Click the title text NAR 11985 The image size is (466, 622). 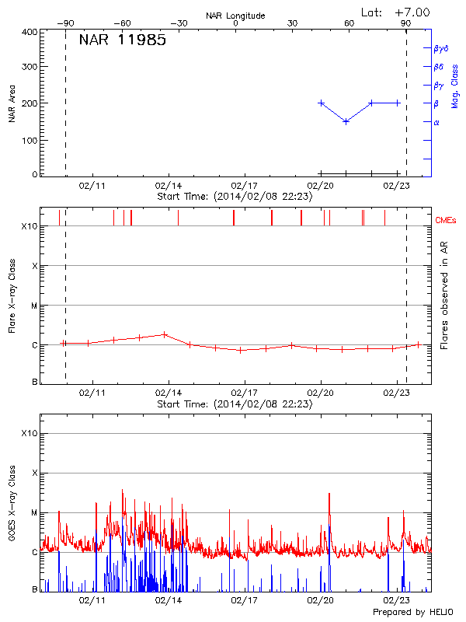(122, 40)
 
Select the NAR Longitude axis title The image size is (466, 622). (235, 16)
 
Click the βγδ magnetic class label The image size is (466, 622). (440, 48)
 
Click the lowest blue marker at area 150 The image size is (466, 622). (346, 121)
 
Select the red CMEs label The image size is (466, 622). (446, 221)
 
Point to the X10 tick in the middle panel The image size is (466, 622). (29, 227)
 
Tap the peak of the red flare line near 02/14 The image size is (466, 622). (164, 334)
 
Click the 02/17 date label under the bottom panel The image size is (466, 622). (245, 600)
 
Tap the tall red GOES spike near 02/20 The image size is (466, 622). (330, 494)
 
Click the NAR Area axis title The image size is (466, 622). (12, 104)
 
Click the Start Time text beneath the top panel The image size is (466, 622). (235, 197)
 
